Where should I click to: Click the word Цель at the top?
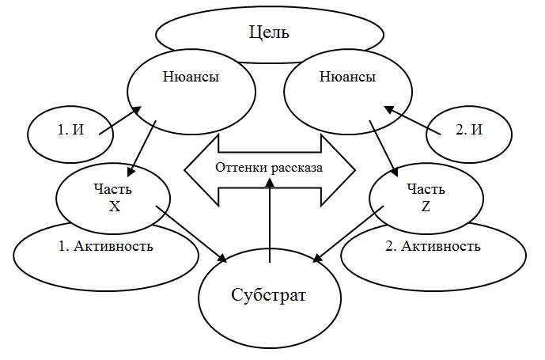269,32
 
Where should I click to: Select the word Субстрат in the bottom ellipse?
268,296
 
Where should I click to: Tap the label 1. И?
70,131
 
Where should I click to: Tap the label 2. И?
468,131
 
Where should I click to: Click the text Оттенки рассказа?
270,167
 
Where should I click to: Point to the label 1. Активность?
105,245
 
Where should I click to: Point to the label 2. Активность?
433,245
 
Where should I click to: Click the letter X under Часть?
113,204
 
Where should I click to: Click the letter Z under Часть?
426,204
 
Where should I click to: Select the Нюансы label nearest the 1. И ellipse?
191,78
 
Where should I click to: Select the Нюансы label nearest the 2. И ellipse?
347,78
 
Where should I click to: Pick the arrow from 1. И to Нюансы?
120,120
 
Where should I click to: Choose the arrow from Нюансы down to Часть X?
142,147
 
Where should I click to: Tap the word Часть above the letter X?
113,190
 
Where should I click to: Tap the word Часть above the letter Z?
426,190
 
